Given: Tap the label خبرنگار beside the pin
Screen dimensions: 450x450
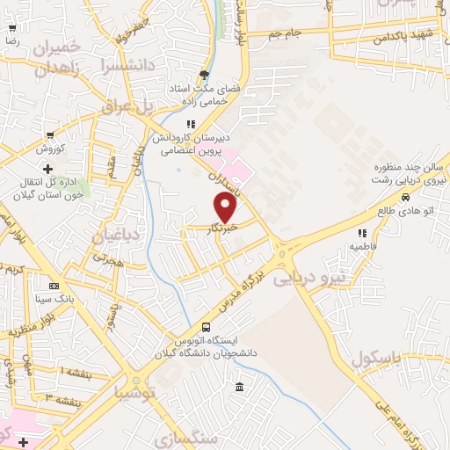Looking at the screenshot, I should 223,230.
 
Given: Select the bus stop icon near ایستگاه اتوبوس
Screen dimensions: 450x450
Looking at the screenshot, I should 206,325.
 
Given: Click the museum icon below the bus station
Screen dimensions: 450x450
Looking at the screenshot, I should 239,388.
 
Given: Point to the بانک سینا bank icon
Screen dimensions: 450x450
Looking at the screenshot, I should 54,286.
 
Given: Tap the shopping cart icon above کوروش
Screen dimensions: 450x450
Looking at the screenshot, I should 50,135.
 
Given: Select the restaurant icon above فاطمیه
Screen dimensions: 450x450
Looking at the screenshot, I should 360,233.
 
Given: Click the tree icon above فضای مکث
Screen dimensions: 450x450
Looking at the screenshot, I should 205,75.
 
